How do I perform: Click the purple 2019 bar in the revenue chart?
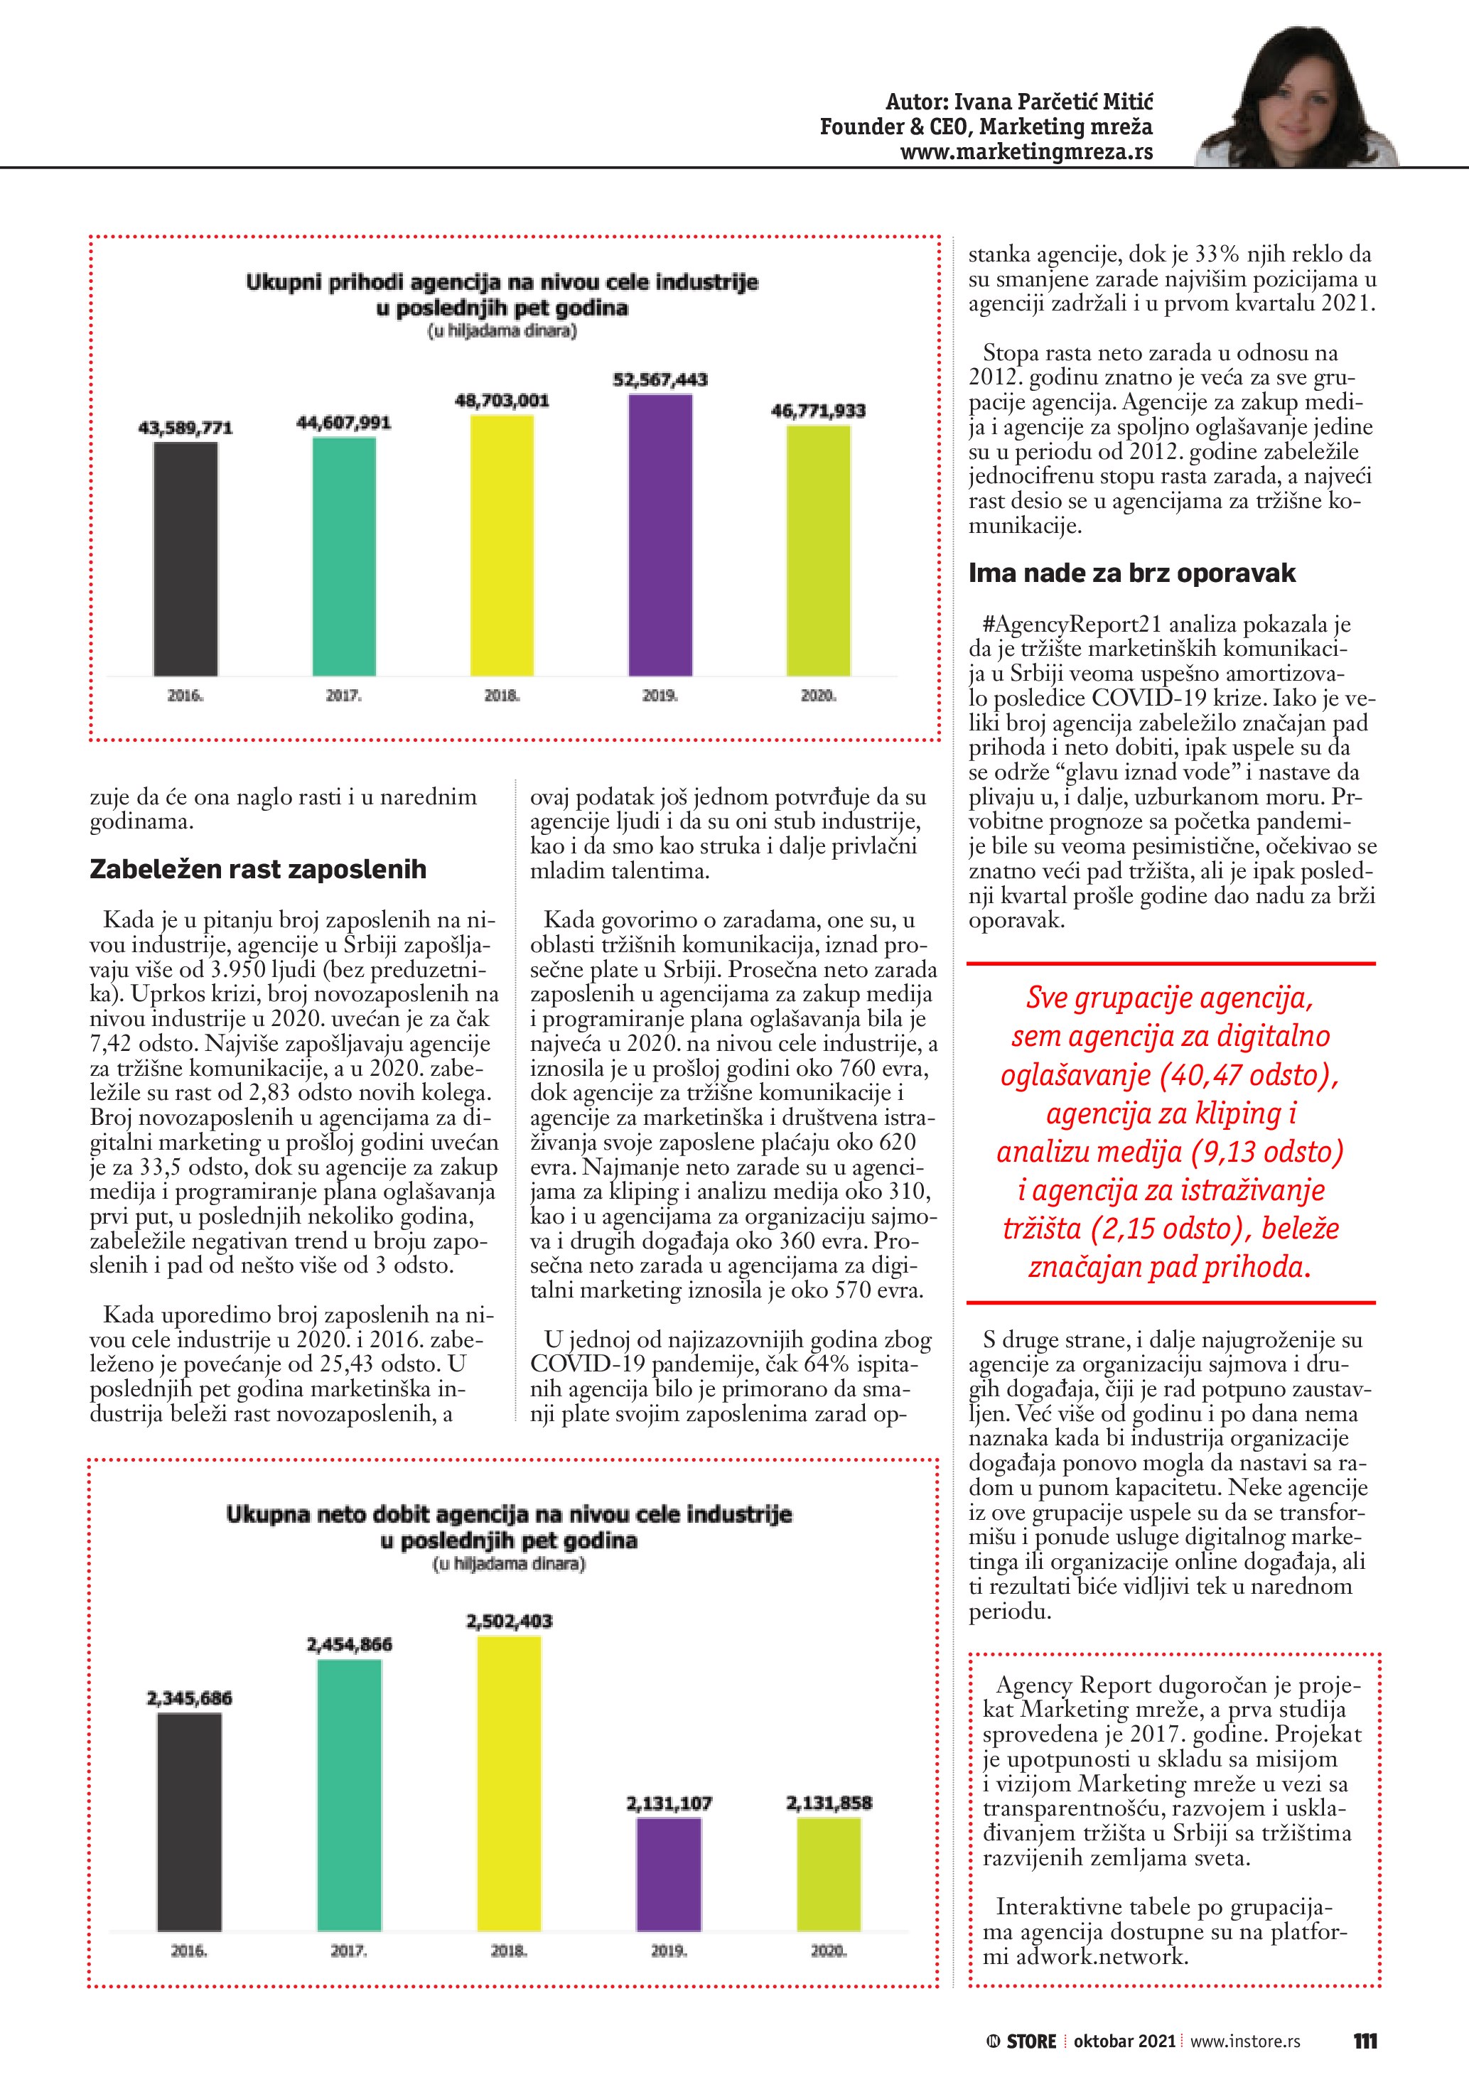[x=660, y=536]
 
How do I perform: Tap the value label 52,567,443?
[x=660, y=380]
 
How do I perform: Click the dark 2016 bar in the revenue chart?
[x=185, y=559]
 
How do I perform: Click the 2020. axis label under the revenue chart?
[x=819, y=696]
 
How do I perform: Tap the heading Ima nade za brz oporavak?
[x=1131, y=573]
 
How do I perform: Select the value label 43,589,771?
[x=185, y=428]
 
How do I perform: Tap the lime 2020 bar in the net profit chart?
[x=829, y=1874]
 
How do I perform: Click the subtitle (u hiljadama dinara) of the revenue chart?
[x=502, y=331]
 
